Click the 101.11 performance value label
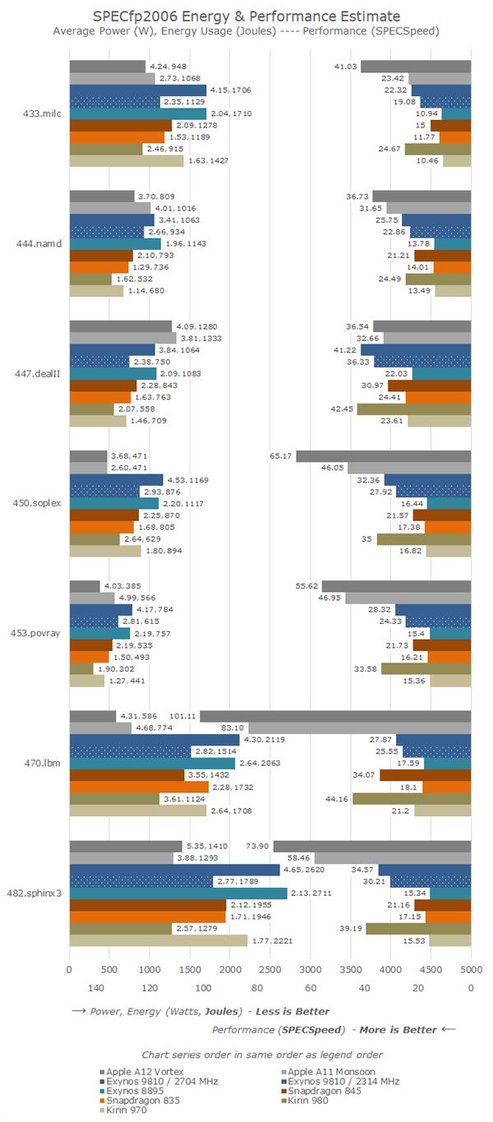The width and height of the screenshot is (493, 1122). click(182, 716)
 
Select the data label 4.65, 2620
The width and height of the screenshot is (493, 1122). click(303, 870)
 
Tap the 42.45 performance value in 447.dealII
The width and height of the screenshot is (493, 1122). click(343, 409)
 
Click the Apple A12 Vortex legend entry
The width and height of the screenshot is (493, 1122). click(142, 1071)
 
